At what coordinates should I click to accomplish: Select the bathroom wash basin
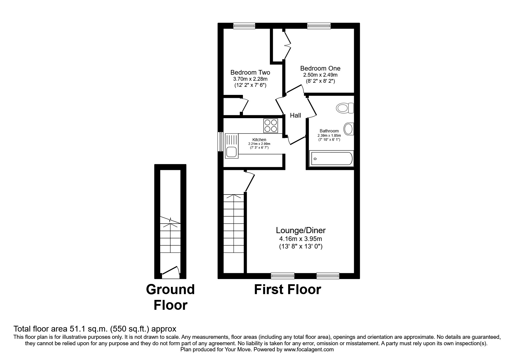coord(349,129)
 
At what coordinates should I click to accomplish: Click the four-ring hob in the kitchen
coord(270,126)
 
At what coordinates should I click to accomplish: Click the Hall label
coord(295,116)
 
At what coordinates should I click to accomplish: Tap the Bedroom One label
coord(320,69)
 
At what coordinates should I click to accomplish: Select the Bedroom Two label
coord(250,73)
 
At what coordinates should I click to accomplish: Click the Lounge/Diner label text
coord(301,231)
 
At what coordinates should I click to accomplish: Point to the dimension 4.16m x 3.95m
coord(301,239)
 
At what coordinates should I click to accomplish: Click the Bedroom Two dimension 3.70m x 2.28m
coord(250,79)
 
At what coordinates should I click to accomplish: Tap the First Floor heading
coord(287,290)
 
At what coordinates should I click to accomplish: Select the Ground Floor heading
coord(170,297)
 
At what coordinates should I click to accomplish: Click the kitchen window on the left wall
coord(221,142)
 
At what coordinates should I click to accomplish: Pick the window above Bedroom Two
coord(244,26)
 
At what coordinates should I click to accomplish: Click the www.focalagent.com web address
coord(309,350)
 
